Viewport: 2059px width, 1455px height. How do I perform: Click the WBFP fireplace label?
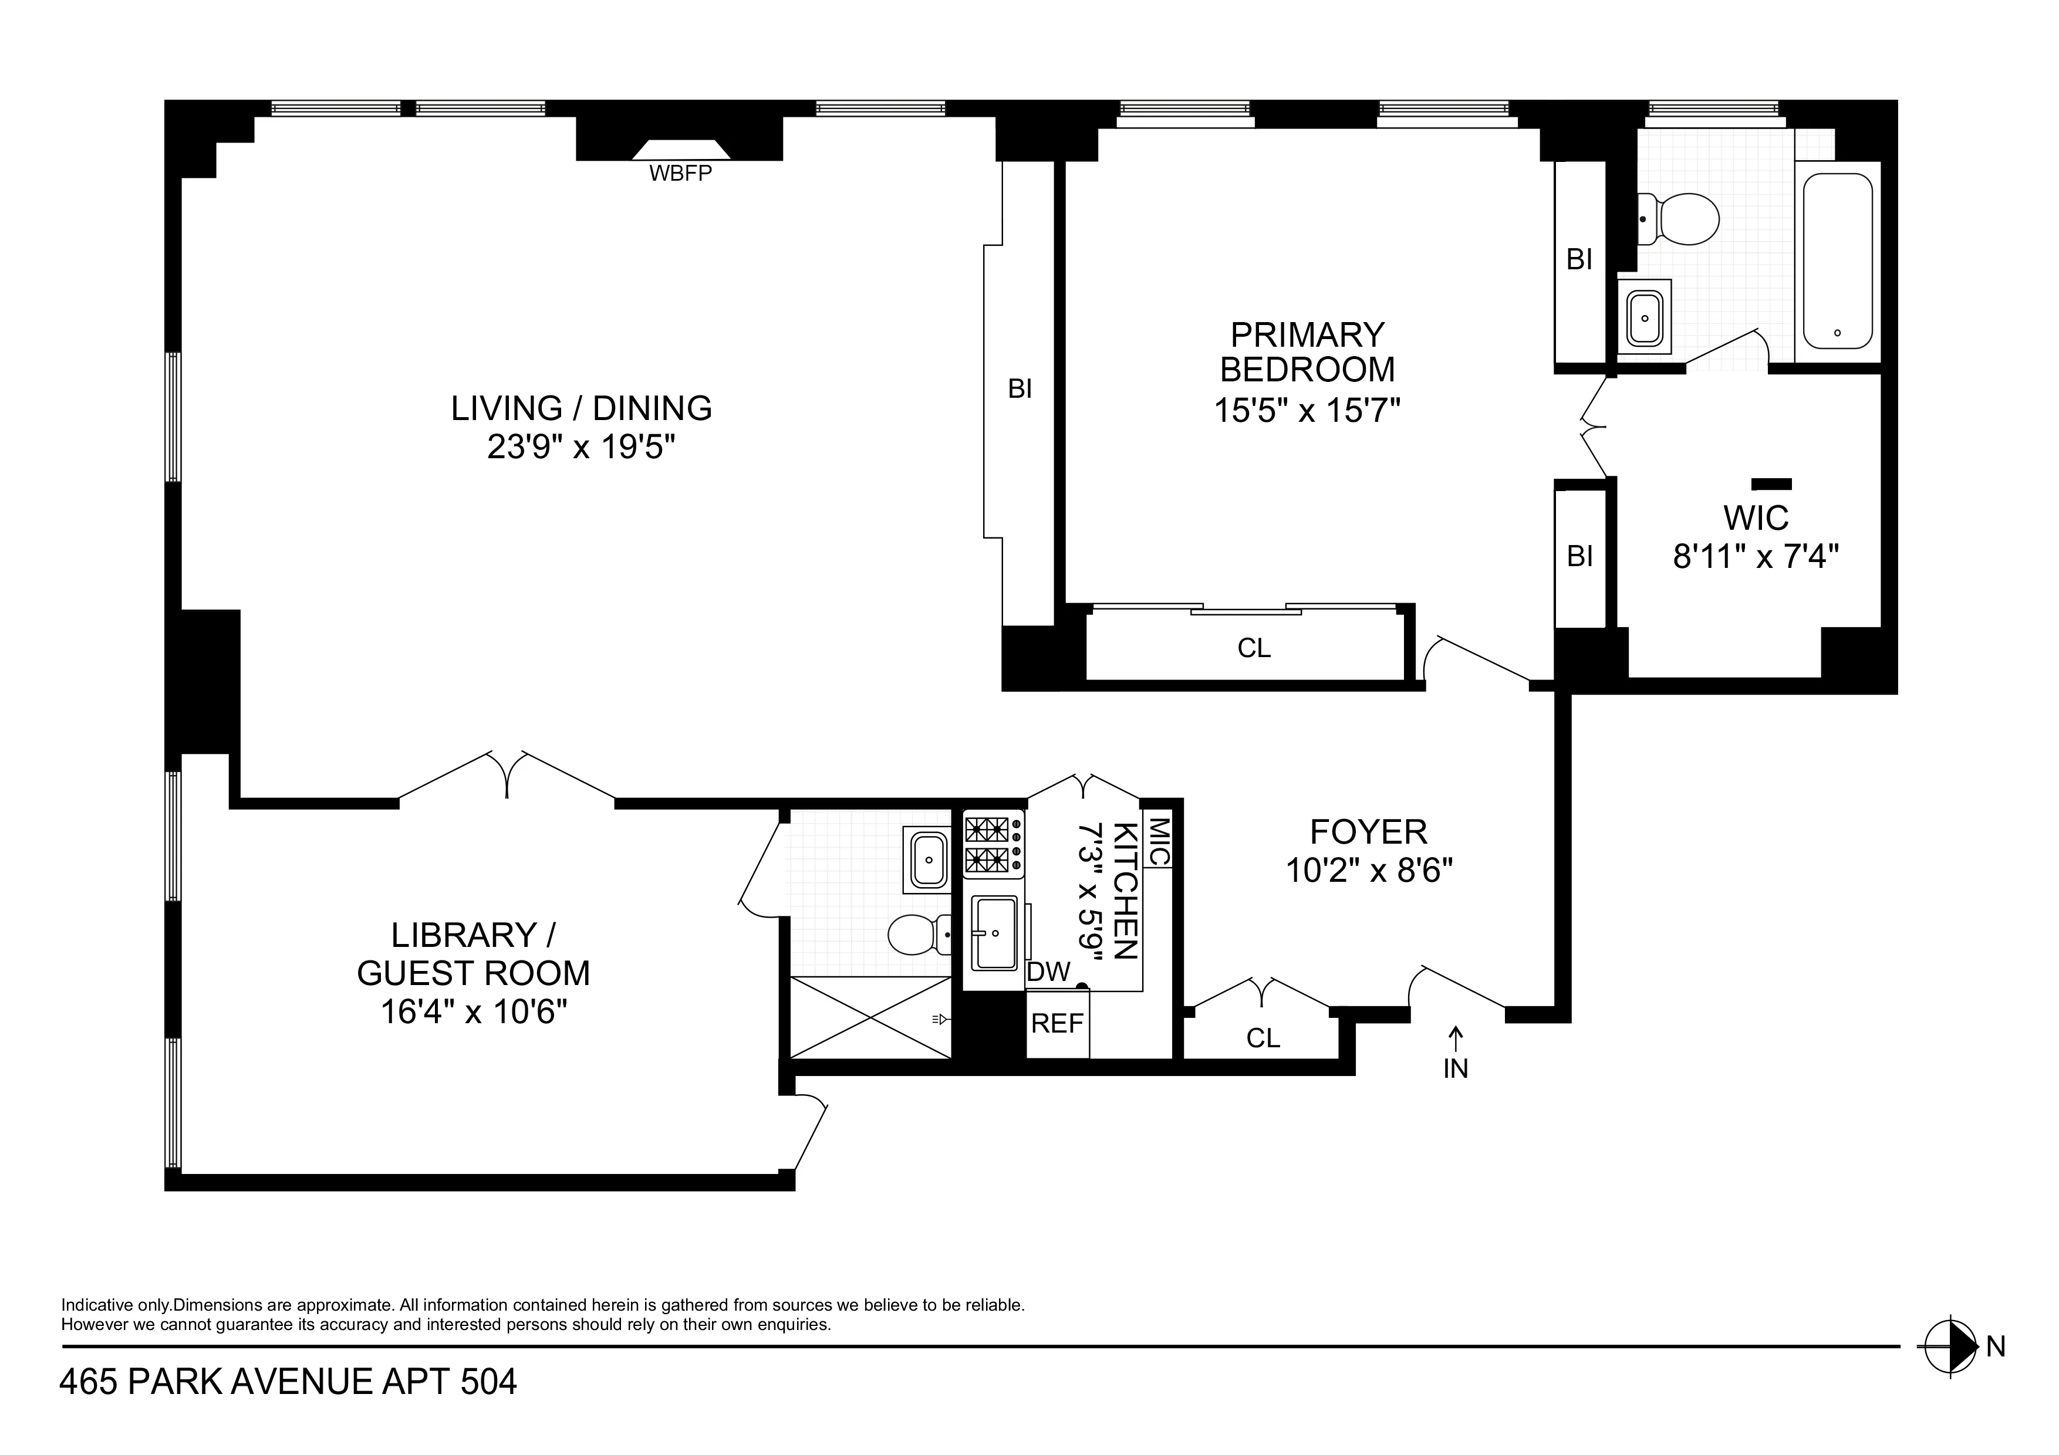[x=680, y=174]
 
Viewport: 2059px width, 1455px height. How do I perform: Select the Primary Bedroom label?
[x=1307, y=351]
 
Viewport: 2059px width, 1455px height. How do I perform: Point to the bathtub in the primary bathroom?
[x=1837, y=260]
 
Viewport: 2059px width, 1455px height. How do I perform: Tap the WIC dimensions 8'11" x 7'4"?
[x=1755, y=557]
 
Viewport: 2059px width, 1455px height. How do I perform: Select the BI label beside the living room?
[x=1020, y=388]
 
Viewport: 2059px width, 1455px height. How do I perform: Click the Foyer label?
[x=1368, y=832]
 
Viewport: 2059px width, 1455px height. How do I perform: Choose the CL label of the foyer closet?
[x=1263, y=1038]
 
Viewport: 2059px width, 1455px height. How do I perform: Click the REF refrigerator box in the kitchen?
[x=1057, y=1023]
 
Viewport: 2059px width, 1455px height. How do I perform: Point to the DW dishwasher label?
[x=1048, y=972]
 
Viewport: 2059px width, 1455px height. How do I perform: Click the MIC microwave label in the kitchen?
[x=1157, y=841]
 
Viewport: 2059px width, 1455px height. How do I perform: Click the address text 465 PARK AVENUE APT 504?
[x=288, y=1382]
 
